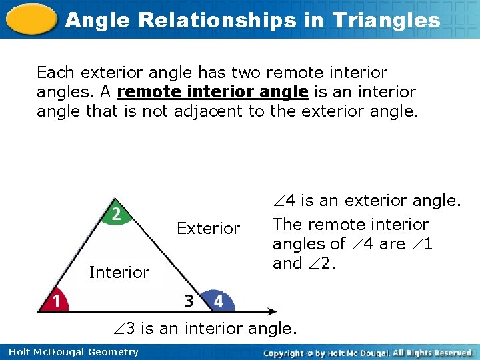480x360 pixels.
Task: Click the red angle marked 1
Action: click(x=55, y=301)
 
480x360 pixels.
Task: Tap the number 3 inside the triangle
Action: click(x=189, y=301)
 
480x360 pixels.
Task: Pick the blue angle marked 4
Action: click(x=217, y=301)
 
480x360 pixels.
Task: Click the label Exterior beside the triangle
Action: click(x=208, y=229)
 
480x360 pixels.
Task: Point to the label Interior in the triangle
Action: click(x=119, y=272)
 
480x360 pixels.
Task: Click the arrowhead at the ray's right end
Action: click(x=271, y=311)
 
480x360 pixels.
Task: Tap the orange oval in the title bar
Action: click(x=29, y=19)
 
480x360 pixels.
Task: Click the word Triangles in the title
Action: click(x=387, y=20)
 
